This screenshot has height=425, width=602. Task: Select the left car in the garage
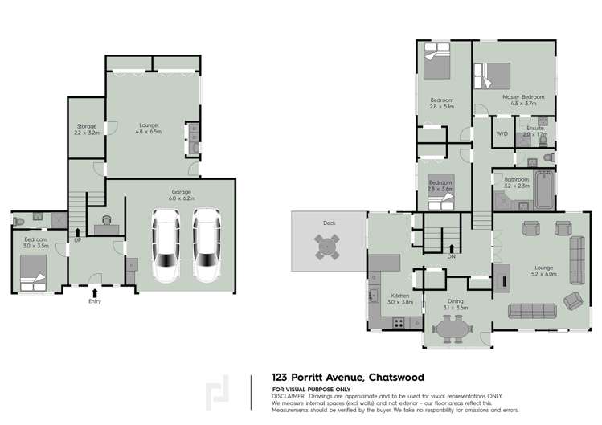point(166,244)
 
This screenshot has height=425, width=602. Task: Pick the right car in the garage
point(206,244)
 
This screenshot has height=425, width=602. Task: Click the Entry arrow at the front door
point(96,294)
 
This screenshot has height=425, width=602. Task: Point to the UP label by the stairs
point(78,240)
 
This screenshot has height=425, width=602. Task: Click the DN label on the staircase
point(451,257)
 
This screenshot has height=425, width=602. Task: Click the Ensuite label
point(535,128)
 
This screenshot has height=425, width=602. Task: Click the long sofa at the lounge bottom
point(531,311)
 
